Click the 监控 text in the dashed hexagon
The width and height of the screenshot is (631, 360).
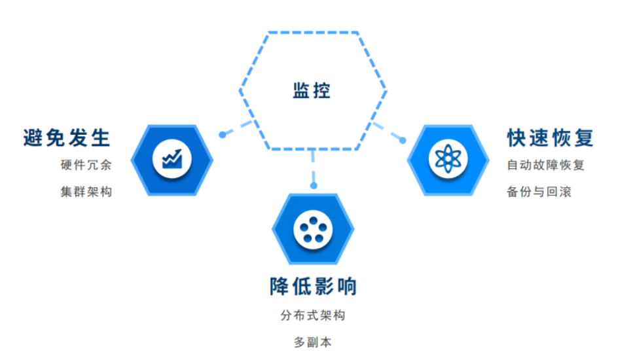pos(312,90)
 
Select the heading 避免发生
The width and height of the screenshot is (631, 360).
pos(67,138)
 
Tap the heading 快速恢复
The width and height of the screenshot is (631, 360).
pos(550,138)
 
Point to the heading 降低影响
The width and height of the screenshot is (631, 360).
pos(313,287)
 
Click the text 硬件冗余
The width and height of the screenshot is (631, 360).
pos(86,165)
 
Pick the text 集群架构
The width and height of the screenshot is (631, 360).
pos(86,192)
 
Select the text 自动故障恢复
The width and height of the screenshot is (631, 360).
pos(545,165)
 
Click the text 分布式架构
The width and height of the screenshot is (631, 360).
pos(313,315)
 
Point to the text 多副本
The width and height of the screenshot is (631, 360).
pos(313,342)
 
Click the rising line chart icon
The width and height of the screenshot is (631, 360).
pos(172,158)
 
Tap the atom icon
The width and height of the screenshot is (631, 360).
pos(448,158)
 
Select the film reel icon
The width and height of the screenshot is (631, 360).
pos(313,229)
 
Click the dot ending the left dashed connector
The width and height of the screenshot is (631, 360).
pos(223,134)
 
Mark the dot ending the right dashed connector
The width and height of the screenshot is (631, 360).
pos(403,139)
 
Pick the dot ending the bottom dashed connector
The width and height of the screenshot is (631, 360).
pos(314,186)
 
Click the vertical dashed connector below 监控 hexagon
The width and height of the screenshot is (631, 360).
pos(314,167)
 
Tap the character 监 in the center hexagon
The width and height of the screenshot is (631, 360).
pos(301,90)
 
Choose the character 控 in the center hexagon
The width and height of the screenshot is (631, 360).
pos(322,90)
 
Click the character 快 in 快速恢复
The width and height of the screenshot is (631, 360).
pos(517,138)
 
